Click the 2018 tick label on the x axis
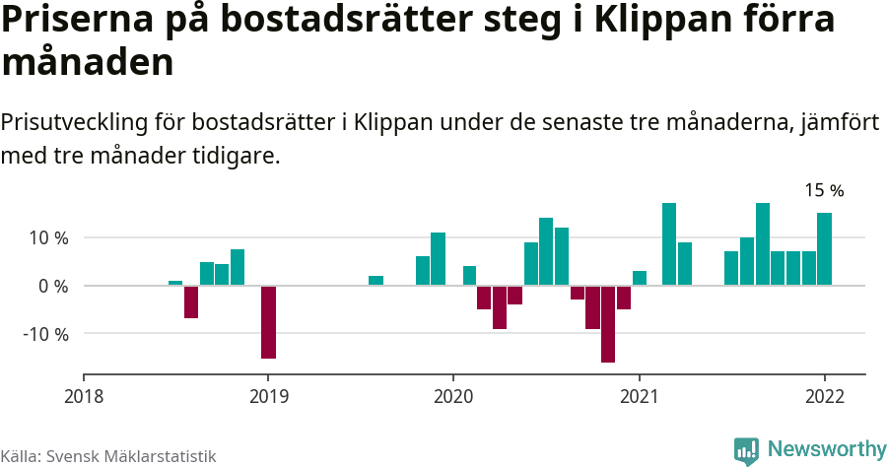tap(83, 396)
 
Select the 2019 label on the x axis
tap(268, 396)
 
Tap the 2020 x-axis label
tap(453, 396)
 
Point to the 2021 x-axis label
tap(639, 396)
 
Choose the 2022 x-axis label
tap(824, 396)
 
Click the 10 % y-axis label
tap(48, 238)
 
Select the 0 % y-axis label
tap(53, 286)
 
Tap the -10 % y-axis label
tap(45, 333)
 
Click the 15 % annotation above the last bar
tap(824, 190)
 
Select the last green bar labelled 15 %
tap(824, 249)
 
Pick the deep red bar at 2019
tap(268, 322)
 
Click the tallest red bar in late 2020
tap(608, 324)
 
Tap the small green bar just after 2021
tap(639, 278)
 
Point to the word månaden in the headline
tap(88, 63)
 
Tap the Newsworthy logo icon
tap(746, 450)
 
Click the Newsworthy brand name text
tap(826, 449)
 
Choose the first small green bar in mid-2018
tap(175, 283)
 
